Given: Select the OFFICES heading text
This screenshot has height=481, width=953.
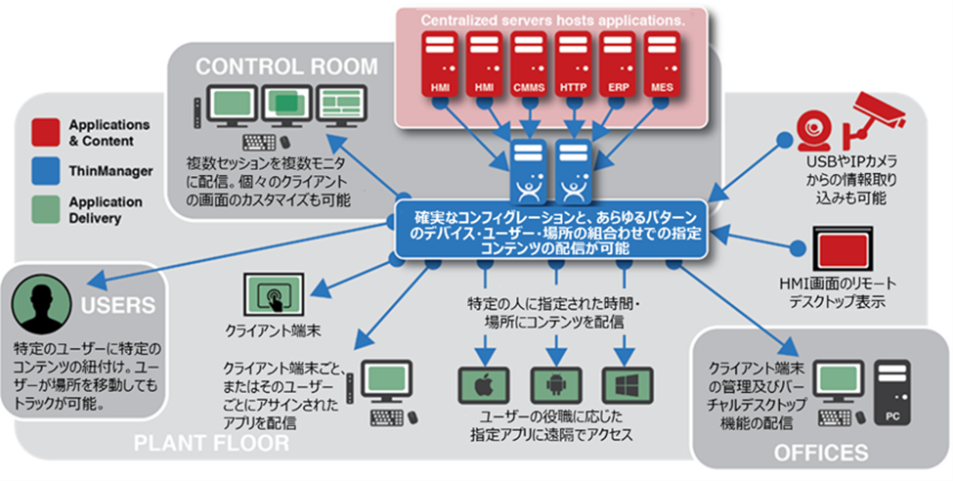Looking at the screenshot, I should click(x=820, y=453).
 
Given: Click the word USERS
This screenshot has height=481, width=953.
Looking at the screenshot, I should click(x=119, y=305).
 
